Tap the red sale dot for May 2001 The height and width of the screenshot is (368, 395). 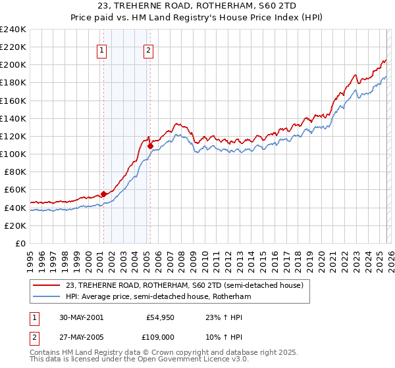click(103, 194)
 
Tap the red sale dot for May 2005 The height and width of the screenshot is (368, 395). click(150, 146)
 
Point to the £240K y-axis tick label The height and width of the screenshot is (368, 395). click(13, 30)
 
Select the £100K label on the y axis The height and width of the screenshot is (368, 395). click(13, 154)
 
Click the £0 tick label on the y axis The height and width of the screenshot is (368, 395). click(20, 243)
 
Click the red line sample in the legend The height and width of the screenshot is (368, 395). click(47, 285)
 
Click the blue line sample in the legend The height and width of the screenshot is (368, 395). click(47, 296)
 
